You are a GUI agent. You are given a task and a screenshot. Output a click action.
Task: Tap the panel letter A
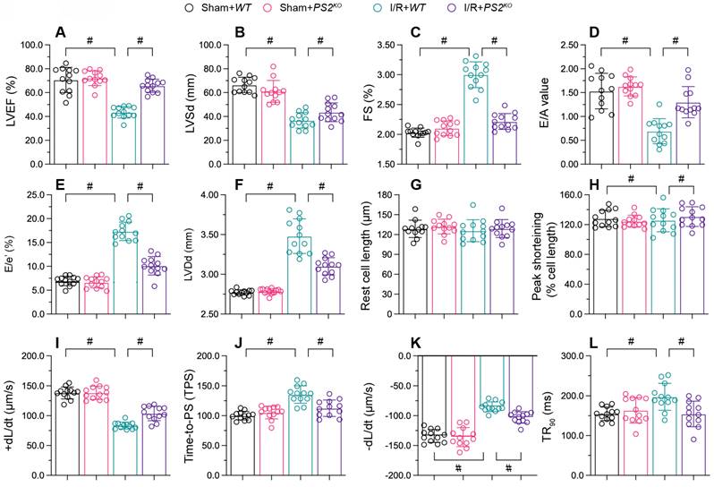(60, 33)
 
